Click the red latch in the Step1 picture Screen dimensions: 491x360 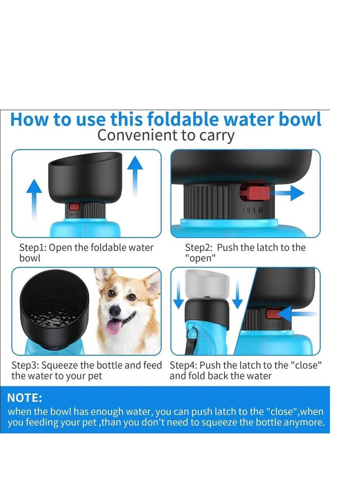(x=74, y=207)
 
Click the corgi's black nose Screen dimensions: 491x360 (x=115, y=311)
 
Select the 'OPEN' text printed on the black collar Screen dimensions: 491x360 (x=254, y=211)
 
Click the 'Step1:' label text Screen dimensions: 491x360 (x=32, y=248)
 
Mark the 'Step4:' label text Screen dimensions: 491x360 (x=183, y=365)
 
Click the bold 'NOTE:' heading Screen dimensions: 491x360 (x=25, y=398)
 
